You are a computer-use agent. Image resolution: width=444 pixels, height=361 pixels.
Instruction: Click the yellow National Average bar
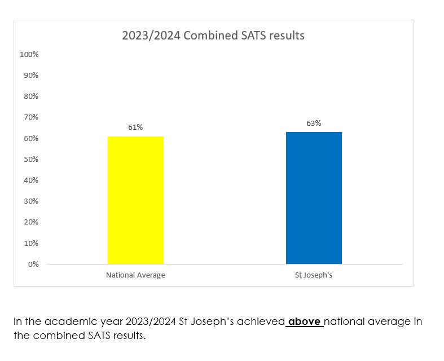click(x=135, y=200)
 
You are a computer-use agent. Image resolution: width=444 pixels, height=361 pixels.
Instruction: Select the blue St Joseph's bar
click(x=314, y=197)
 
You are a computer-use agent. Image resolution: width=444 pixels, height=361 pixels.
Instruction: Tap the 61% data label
click(x=135, y=127)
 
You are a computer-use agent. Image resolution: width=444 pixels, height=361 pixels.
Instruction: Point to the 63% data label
click(x=314, y=123)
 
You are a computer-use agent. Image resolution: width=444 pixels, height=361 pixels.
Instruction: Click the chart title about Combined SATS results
click(x=213, y=36)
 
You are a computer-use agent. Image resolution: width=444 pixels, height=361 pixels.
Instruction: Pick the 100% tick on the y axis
click(x=29, y=55)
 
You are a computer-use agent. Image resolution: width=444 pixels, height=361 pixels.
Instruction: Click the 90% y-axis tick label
click(x=30, y=76)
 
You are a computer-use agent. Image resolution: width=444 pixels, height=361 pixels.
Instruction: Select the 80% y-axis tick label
click(x=30, y=96)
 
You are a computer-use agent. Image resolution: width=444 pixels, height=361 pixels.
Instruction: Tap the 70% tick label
click(x=30, y=117)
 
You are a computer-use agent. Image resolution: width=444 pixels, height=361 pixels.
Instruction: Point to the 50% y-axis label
click(x=30, y=160)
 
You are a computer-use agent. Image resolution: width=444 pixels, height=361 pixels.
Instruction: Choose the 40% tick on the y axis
click(x=30, y=180)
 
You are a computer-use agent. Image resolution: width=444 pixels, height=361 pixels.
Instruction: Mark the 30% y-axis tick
click(x=30, y=201)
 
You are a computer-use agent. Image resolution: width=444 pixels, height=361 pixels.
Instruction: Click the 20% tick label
click(x=30, y=222)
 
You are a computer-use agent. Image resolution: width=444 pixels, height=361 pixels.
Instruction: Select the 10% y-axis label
click(x=30, y=243)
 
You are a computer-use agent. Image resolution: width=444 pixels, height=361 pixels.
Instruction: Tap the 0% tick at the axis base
click(x=33, y=264)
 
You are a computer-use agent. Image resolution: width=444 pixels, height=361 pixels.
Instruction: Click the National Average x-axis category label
click(x=135, y=276)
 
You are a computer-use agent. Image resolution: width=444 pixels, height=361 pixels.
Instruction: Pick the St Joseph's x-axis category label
click(x=314, y=276)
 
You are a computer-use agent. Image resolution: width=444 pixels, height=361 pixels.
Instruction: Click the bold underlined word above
click(x=305, y=322)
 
